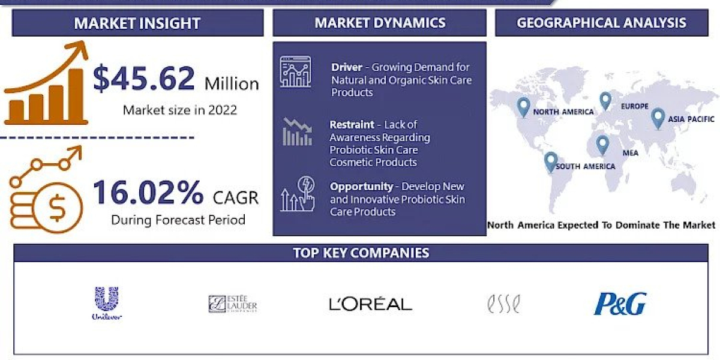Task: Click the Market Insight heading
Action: (137, 23)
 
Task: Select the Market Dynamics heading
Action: (380, 23)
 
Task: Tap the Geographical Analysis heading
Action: (601, 23)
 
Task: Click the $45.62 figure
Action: (144, 79)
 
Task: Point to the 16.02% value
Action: (148, 193)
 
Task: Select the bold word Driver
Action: (346, 67)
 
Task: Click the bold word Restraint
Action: (352, 125)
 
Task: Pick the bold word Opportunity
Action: (362, 187)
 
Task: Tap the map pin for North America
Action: (523, 107)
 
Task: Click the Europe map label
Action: (634, 106)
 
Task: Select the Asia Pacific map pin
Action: (658, 118)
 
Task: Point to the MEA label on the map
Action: (630, 152)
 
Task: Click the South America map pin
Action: (550, 161)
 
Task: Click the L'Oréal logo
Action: (370, 304)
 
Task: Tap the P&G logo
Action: (620, 304)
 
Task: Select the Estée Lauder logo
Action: (233, 304)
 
